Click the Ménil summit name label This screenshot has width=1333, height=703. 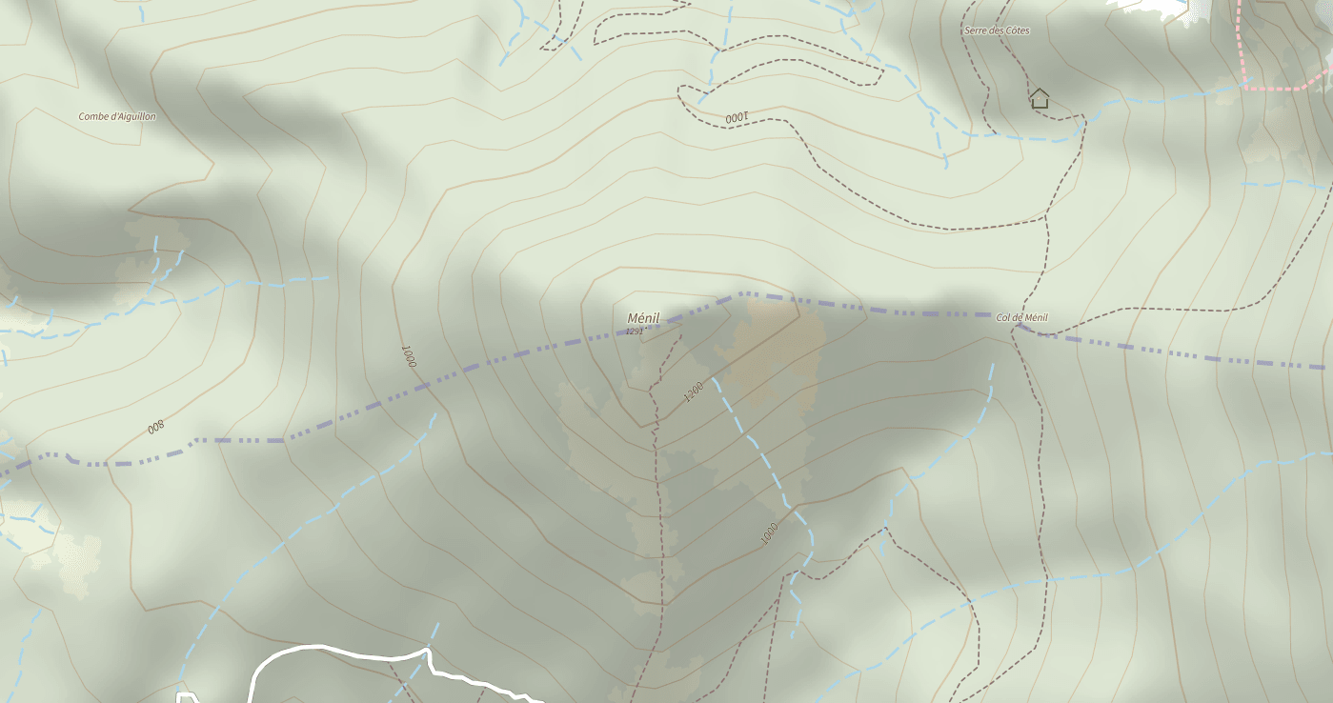[x=643, y=318]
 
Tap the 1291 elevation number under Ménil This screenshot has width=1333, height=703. [x=634, y=331]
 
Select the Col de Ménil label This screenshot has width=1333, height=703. [x=1021, y=317]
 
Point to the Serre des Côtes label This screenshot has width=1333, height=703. [x=997, y=30]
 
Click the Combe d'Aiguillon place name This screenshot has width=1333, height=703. [x=117, y=116]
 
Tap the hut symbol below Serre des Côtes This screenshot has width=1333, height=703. [x=1040, y=97]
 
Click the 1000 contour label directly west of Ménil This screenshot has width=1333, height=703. [x=408, y=356]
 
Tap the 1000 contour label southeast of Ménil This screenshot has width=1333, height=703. [x=770, y=533]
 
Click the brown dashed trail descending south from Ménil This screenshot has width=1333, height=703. [x=658, y=495]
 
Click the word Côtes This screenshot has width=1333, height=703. [x=1017, y=30]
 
